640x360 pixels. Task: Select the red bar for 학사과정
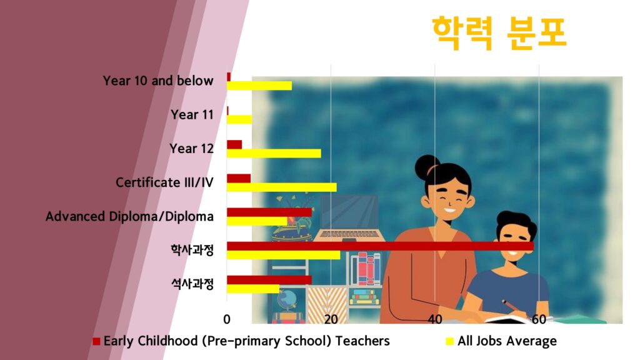[x=381, y=246]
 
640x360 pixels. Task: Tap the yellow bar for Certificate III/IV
[x=282, y=187]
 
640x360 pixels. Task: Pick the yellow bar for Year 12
[x=274, y=154]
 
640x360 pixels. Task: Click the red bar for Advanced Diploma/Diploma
[x=269, y=212]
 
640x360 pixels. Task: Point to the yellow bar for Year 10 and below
[x=259, y=86]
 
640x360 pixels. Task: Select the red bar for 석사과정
[x=269, y=280]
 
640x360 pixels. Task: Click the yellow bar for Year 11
[x=239, y=119]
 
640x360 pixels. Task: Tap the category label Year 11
[x=192, y=115]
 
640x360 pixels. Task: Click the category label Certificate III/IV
[x=164, y=182]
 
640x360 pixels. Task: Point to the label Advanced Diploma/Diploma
[x=129, y=216]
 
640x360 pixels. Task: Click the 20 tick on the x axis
[x=331, y=319]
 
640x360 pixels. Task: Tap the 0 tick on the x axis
[x=227, y=319]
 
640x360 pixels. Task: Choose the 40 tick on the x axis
[x=435, y=319]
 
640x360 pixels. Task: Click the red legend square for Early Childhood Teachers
[x=96, y=341]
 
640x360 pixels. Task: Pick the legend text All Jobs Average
[x=507, y=341]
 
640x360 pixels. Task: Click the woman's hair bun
[x=426, y=166]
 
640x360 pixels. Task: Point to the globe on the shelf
[x=287, y=300]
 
